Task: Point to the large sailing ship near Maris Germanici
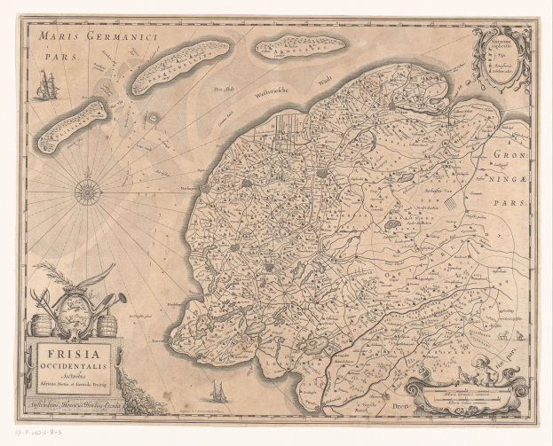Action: pyautogui.click(x=46, y=85)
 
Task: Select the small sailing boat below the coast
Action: pyautogui.click(x=215, y=391)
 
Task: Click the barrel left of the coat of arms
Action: pyautogui.click(x=41, y=325)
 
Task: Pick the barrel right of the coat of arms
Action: pyautogui.click(x=108, y=325)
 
